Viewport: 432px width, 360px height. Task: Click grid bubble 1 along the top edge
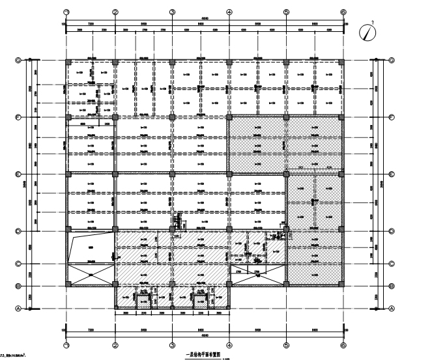pyautogui.click(x=66, y=12)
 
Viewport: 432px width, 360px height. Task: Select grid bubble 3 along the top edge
pyautogui.click(x=172, y=12)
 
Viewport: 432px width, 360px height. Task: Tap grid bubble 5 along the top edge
pyautogui.click(x=286, y=12)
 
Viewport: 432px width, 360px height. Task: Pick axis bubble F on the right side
pyautogui.click(x=391, y=117)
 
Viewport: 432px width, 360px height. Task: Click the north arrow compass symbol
pyautogui.click(x=372, y=30)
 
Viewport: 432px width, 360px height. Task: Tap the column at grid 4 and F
pyautogui.click(x=229, y=118)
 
